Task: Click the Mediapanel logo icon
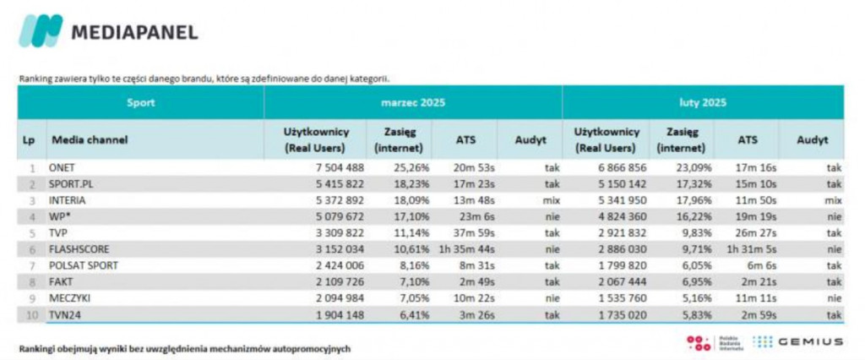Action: tap(41, 31)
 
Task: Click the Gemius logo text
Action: tap(811, 341)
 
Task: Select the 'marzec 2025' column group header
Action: tap(412, 103)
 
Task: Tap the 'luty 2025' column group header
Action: tap(703, 103)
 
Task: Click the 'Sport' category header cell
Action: tap(140, 103)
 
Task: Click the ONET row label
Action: tap(63, 167)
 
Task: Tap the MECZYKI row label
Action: tap(68, 298)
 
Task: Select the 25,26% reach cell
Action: tap(396, 167)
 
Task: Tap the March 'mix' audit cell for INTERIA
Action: tap(551, 200)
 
